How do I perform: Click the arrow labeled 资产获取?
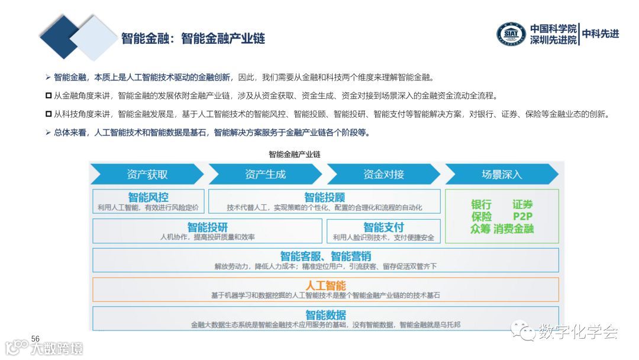click(x=147, y=174)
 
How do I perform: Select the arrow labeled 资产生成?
click(x=265, y=174)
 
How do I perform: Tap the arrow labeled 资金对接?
click(x=383, y=174)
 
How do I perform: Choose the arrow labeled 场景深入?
click(x=502, y=174)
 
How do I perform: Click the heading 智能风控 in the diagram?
click(x=148, y=197)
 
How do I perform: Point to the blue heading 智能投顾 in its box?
click(x=324, y=197)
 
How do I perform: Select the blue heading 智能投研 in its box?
click(x=207, y=227)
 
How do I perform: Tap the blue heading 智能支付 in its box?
click(x=383, y=227)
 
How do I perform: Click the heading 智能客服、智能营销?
click(x=325, y=256)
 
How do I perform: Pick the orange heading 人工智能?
click(x=325, y=285)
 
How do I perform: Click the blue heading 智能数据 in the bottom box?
click(x=325, y=314)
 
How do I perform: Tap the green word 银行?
click(x=481, y=204)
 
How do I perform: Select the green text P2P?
click(x=523, y=216)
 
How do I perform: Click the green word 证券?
click(x=523, y=204)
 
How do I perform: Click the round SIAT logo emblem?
click(x=511, y=34)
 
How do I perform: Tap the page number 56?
click(x=35, y=338)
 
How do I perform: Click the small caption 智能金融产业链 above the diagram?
click(x=294, y=154)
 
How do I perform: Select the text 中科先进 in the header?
click(x=601, y=34)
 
